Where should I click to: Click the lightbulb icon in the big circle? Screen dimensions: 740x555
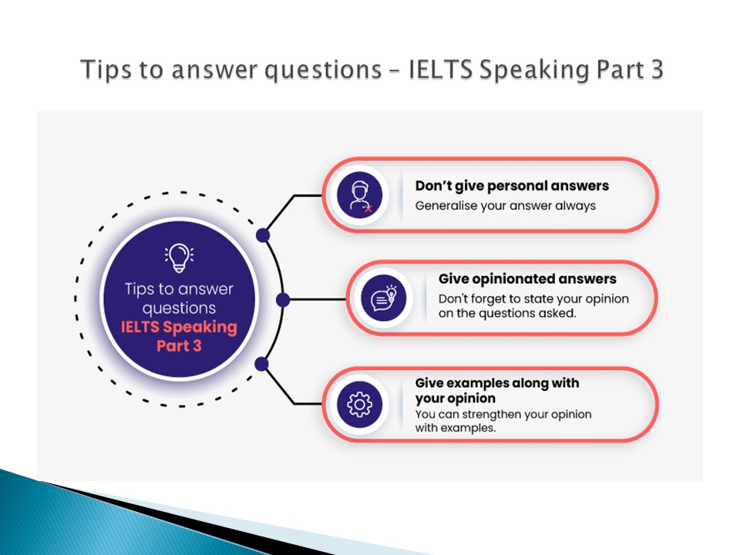pos(179,257)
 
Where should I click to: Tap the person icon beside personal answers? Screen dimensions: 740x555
pos(360,195)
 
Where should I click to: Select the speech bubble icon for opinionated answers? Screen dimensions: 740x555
pos(383,298)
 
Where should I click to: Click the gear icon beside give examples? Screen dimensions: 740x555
pos(360,405)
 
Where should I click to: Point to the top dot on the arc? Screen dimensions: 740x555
pos(263,235)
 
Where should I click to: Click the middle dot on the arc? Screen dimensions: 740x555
pos(283,300)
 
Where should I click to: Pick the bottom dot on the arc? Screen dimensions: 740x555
pos(261,364)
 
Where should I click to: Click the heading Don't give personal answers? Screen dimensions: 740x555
pos(512,186)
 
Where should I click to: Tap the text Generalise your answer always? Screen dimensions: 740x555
pos(506,206)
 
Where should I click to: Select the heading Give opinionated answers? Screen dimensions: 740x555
pos(527,279)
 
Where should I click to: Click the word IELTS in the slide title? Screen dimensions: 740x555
pos(440,69)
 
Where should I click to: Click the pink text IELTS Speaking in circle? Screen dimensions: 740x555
pos(179,327)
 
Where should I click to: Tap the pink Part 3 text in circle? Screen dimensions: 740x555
pos(179,346)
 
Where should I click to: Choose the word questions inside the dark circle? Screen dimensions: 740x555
pos(179,308)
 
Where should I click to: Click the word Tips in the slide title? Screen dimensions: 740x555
pos(106,70)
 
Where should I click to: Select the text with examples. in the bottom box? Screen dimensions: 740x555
pos(456,428)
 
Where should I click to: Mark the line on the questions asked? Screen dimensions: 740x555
pos(507,314)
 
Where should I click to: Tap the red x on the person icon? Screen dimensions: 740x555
pos(368,208)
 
